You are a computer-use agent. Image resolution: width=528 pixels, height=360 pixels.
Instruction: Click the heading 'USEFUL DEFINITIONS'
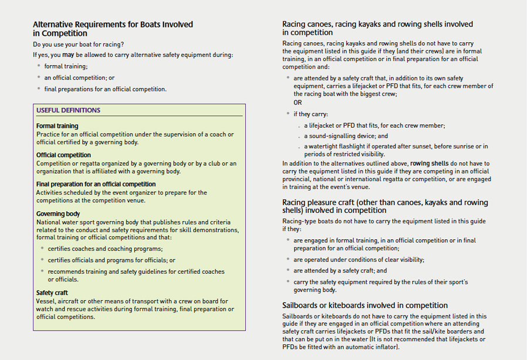coord(68,110)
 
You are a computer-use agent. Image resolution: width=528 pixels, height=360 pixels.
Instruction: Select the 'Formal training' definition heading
coord(57,126)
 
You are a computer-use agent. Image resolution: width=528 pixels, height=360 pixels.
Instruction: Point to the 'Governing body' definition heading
coord(58,214)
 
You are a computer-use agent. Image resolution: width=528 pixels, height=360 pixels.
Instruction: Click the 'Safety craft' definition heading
coord(52,293)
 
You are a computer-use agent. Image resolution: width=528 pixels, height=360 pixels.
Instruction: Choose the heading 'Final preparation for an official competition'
coord(96,184)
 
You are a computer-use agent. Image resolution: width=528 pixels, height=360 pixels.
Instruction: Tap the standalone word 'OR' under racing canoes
coord(298,103)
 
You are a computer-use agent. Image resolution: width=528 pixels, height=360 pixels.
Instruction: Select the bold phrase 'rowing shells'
coord(429,164)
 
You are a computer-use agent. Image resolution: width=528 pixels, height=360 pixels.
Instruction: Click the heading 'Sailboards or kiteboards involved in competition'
coord(365,305)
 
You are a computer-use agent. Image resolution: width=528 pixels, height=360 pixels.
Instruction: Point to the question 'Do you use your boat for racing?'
coord(79,45)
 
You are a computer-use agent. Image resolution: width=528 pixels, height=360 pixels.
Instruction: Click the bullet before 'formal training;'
coord(39,66)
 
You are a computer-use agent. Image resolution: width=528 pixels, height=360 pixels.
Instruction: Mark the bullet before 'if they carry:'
coord(287,114)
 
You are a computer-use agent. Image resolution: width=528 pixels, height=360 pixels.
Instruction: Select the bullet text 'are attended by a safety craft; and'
coord(340,271)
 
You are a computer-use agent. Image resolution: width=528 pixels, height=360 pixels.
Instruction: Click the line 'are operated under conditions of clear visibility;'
coord(358,260)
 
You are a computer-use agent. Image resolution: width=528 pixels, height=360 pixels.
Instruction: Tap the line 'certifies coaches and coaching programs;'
coord(104,249)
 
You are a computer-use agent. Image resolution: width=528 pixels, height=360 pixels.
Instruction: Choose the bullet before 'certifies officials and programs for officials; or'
coord(42,260)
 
